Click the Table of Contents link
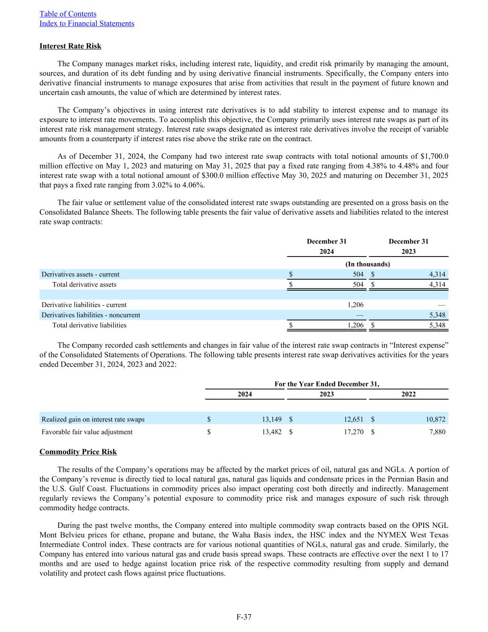click(x=68, y=14)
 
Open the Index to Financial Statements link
click(x=87, y=23)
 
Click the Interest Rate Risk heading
click(x=70, y=46)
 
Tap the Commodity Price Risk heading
click(x=78, y=452)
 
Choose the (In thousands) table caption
click(x=368, y=264)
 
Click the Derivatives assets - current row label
click(x=80, y=274)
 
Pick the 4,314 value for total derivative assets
click(x=437, y=284)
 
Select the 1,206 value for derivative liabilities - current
click(x=355, y=305)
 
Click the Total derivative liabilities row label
click(x=89, y=325)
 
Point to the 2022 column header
click(x=408, y=394)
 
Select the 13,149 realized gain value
click(x=272, y=419)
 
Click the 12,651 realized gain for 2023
click(x=353, y=419)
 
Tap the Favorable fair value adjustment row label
click(x=87, y=432)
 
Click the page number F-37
click(x=244, y=617)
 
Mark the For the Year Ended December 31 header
click(x=327, y=384)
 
